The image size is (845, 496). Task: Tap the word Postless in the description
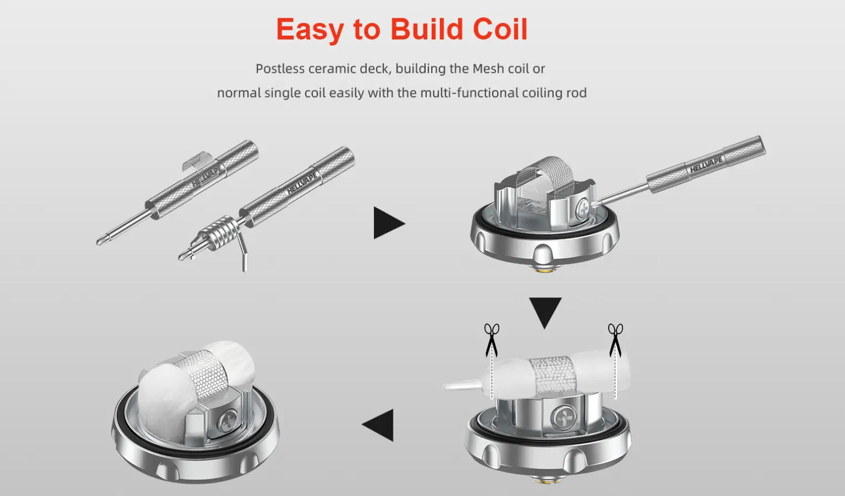coord(280,68)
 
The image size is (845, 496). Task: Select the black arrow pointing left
coord(378,425)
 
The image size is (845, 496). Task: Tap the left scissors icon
coord(492,340)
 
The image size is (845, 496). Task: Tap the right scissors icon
coord(615,340)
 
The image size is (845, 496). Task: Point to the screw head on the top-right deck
coord(583,209)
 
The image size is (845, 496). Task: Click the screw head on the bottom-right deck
coord(563,418)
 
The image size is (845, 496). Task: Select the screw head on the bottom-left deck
coord(229,421)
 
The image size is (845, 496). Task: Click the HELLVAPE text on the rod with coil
coord(302,183)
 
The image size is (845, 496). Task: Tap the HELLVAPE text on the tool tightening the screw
coord(706,165)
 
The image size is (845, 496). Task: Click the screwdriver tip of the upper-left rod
coord(102,240)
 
